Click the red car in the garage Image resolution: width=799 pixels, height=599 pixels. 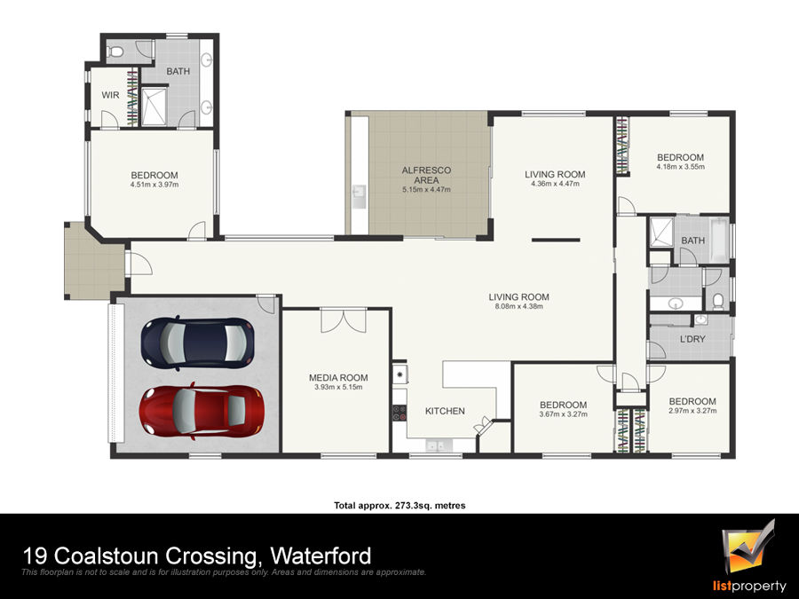[x=202, y=411]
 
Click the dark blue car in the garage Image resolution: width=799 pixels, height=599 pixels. [x=197, y=343]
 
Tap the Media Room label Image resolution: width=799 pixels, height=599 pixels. [x=338, y=377]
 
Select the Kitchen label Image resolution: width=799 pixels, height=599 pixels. [x=445, y=411]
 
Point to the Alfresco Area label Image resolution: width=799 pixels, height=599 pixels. [x=426, y=175]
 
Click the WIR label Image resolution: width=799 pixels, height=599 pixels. [x=110, y=95]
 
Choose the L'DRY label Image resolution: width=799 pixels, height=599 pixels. [x=692, y=339]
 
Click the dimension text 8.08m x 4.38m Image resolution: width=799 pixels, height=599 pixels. [x=518, y=307]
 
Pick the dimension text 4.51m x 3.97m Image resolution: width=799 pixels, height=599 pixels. [x=154, y=185]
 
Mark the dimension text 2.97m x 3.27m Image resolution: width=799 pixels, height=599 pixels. [x=692, y=411]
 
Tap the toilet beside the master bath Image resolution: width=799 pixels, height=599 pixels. [x=117, y=51]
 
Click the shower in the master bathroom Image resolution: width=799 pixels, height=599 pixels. [x=154, y=106]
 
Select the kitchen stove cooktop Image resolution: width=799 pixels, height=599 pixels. [x=399, y=412]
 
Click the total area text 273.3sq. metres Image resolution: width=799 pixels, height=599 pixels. [x=430, y=506]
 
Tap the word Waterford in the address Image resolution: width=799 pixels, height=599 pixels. [x=320, y=556]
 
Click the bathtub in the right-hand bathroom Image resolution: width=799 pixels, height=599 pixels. [x=718, y=240]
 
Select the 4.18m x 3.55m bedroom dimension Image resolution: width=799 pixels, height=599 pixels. [x=680, y=167]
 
